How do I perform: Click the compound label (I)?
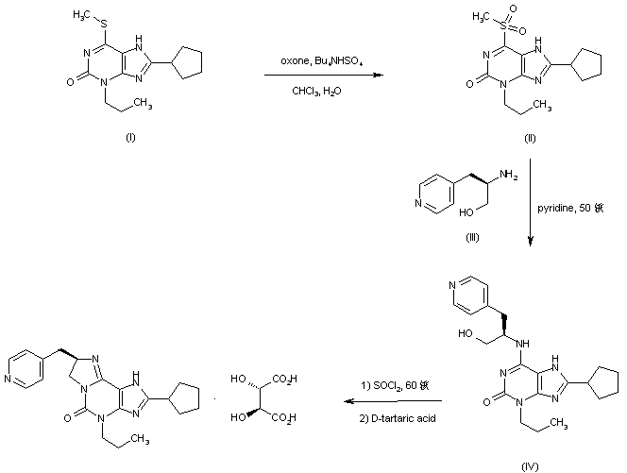[130, 138]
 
